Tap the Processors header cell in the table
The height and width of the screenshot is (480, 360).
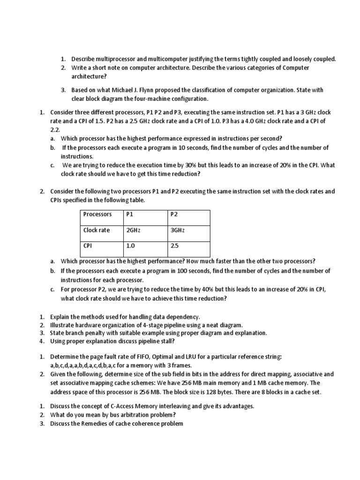click(97, 214)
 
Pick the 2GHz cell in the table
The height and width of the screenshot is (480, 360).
click(134, 230)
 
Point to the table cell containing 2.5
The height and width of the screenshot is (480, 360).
click(174, 245)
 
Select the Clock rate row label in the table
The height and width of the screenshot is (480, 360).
click(97, 230)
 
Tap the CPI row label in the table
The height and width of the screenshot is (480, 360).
click(88, 245)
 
